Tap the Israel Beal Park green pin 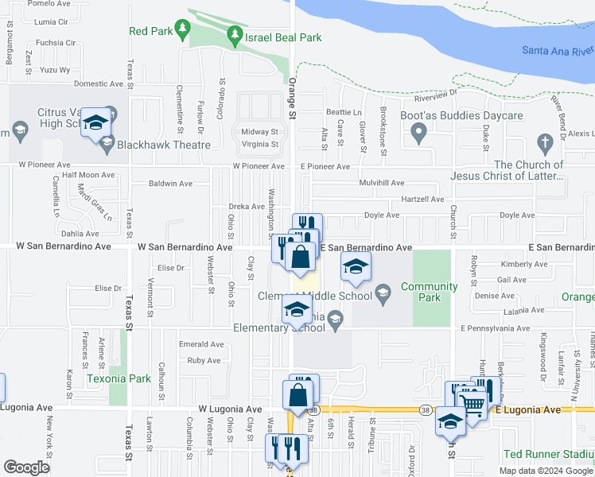pyautogui.click(x=235, y=35)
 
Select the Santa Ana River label pyautogui.click(x=558, y=50)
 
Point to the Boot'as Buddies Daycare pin pyautogui.click(x=417, y=135)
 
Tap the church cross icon pyautogui.click(x=545, y=143)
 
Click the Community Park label pyautogui.click(x=429, y=292)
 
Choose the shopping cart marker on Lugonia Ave pyautogui.click(x=474, y=405)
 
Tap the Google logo pyautogui.click(x=26, y=467)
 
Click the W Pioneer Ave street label pyautogui.click(x=259, y=167)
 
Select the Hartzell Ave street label pyautogui.click(x=422, y=199)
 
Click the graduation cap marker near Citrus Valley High pyautogui.click(x=95, y=122)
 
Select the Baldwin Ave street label pyautogui.click(x=170, y=183)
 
